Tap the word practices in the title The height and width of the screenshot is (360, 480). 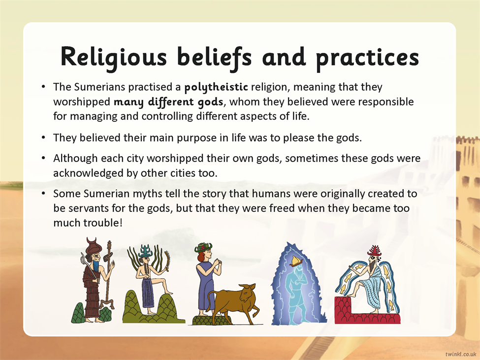pyautogui.click(x=367, y=58)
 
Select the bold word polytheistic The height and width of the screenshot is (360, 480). pyautogui.click(x=216, y=87)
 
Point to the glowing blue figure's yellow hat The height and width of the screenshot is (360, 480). pyautogui.click(x=296, y=261)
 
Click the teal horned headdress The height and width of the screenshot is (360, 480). pyautogui.click(x=145, y=251)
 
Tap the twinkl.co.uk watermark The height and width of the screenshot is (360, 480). pyautogui.click(x=460, y=354)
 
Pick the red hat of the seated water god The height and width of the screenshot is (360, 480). pyautogui.click(x=374, y=251)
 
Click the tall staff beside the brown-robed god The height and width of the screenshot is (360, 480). pyautogui.click(x=108, y=275)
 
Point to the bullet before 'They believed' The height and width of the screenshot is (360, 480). pyautogui.click(x=43, y=138)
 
